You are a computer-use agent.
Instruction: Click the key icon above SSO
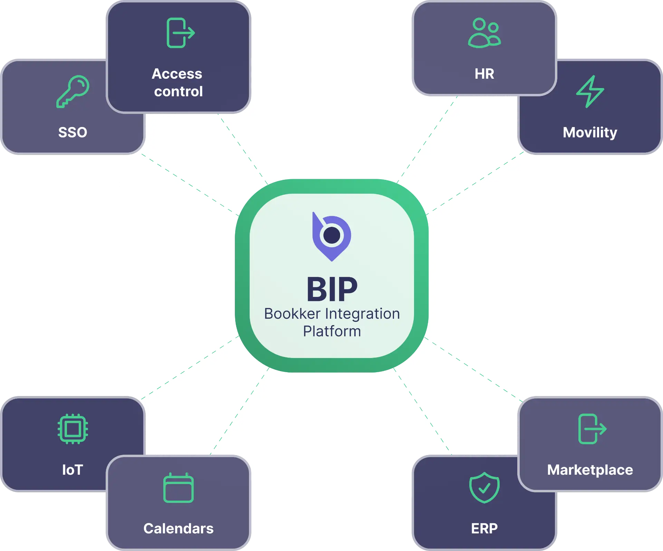click(x=73, y=91)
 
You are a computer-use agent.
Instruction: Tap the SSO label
click(x=73, y=133)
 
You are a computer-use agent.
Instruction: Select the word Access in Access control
click(x=177, y=74)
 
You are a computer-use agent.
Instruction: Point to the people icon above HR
click(x=484, y=33)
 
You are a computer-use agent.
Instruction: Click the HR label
click(x=484, y=74)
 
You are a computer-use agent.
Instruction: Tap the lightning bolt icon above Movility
click(x=590, y=91)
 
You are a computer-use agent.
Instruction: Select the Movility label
click(x=590, y=133)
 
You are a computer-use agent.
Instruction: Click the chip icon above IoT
click(x=73, y=429)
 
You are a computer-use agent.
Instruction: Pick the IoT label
click(x=73, y=470)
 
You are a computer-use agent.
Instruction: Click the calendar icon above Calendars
click(x=178, y=487)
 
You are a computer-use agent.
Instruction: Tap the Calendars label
click(x=178, y=529)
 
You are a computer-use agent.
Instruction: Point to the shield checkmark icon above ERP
click(x=484, y=487)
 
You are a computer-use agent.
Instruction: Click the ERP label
click(x=484, y=529)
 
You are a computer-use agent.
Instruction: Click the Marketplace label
click(x=590, y=470)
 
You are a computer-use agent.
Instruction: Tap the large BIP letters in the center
click(x=332, y=289)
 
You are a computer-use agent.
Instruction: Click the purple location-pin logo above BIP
click(x=331, y=236)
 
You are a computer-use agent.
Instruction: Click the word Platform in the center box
click(x=332, y=331)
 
